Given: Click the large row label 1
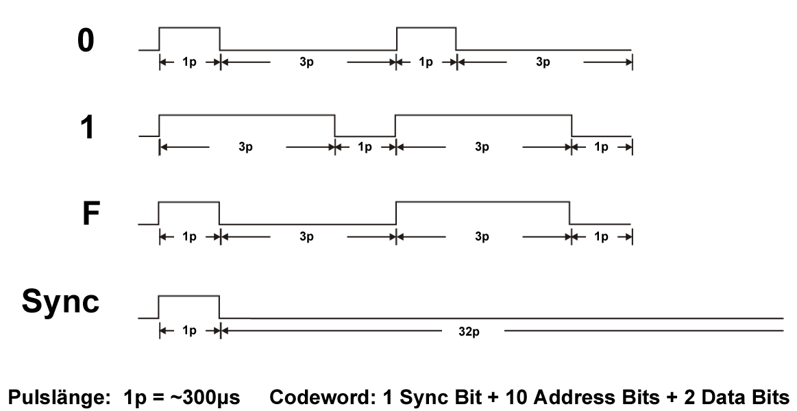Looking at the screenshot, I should (x=86, y=127).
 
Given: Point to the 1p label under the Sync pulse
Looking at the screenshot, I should (x=189, y=332).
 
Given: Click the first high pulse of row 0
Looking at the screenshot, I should (x=189, y=28).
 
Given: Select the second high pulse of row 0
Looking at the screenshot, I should (x=426, y=28).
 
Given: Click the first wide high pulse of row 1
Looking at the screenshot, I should (x=247, y=115).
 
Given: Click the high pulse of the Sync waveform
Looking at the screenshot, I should (x=189, y=296).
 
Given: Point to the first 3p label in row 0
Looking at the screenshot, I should (x=306, y=62).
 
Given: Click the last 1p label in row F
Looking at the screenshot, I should (x=600, y=236).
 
